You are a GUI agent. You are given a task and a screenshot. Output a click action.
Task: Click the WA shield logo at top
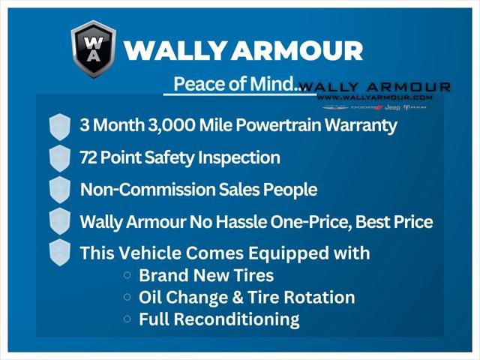(94, 49)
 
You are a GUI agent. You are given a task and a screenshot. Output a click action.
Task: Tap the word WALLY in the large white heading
(172, 51)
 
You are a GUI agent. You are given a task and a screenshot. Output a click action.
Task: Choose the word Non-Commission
(145, 190)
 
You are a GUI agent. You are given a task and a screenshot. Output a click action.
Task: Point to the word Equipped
(292, 253)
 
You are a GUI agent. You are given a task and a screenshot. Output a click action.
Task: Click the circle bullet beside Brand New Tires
(127, 275)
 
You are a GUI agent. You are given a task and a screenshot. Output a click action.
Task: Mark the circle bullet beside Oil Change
(127, 297)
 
